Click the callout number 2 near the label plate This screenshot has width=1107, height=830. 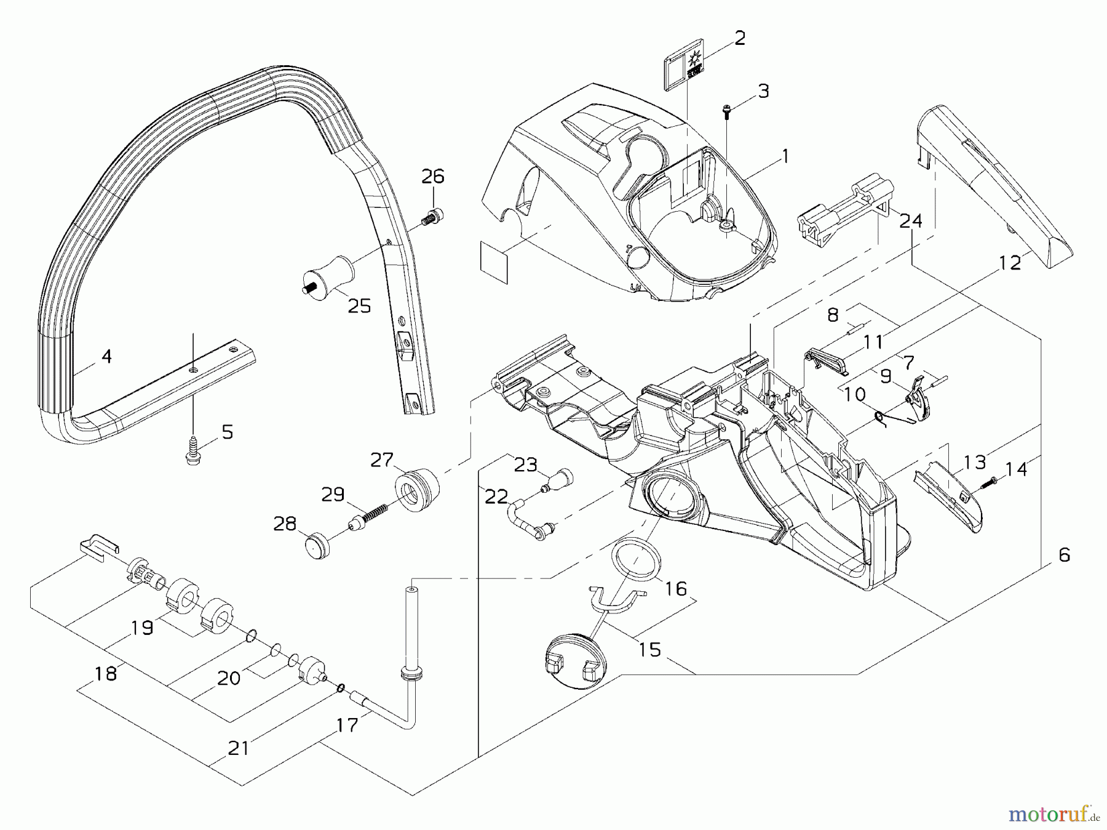pyautogui.click(x=740, y=38)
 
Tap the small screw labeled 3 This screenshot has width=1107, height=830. pyautogui.click(x=727, y=111)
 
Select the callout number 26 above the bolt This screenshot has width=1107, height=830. pyautogui.click(x=432, y=177)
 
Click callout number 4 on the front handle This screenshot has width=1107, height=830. pyautogui.click(x=106, y=356)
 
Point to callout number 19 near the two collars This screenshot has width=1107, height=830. pyautogui.click(x=143, y=628)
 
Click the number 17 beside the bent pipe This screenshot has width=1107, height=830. pyautogui.click(x=347, y=725)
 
